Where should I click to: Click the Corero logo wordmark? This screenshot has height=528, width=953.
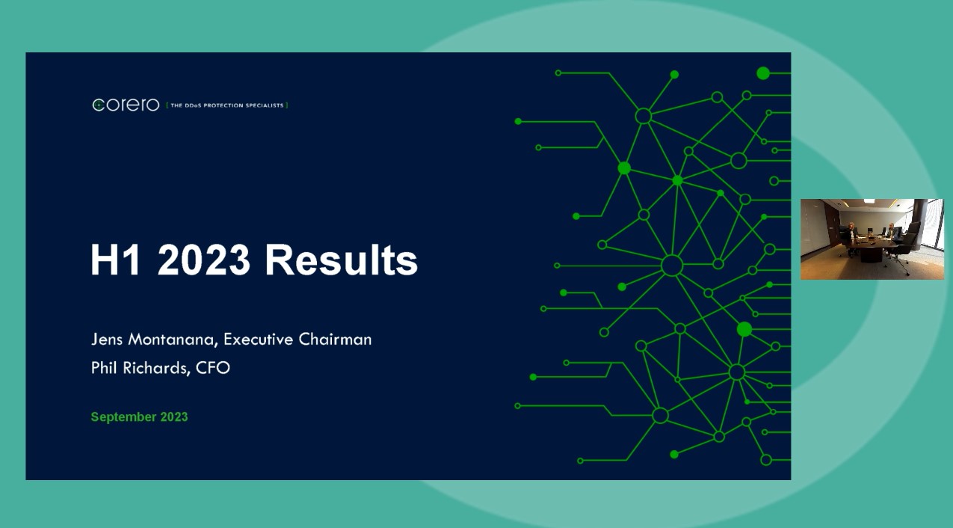coord(126,105)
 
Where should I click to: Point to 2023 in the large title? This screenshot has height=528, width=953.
coord(204,260)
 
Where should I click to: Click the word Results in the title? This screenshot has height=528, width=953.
coord(341,260)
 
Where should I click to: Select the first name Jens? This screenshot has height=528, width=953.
coord(108,339)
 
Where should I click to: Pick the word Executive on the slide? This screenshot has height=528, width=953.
coord(258,339)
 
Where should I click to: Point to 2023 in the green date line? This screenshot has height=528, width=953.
coord(173,417)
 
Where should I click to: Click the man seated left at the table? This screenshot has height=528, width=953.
coord(851,231)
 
